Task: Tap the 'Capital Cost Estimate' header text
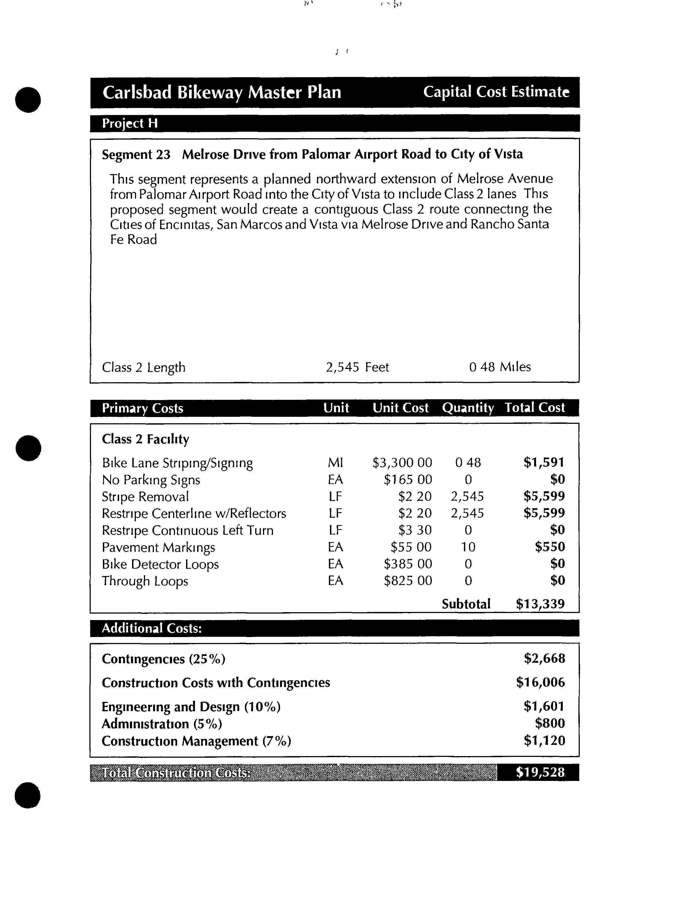pos(496,92)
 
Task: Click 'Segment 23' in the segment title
pos(136,155)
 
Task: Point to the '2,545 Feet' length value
pos(357,367)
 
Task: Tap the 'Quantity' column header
pos(468,408)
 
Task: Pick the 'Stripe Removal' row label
pos(145,496)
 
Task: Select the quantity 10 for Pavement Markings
pos(468,547)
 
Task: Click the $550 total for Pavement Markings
pos(550,547)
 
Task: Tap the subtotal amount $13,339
pos(540,604)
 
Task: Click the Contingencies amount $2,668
pos(544,658)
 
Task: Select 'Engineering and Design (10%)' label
pos(191,706)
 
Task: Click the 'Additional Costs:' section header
pos(151,628)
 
